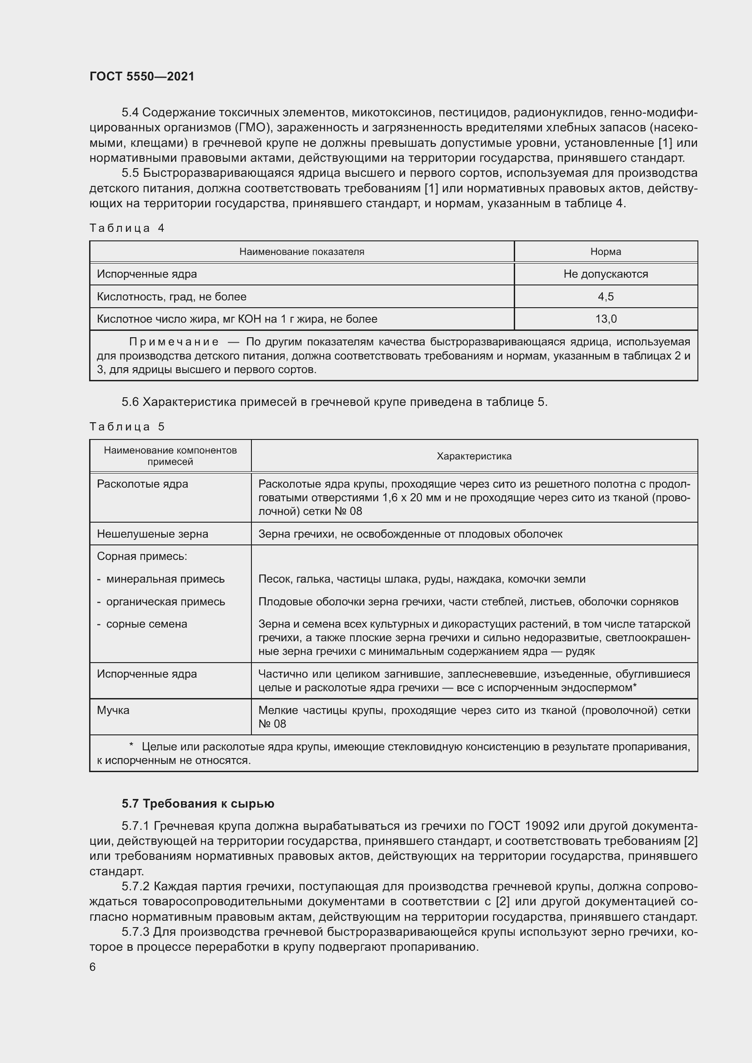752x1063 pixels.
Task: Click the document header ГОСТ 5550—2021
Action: point(142,76)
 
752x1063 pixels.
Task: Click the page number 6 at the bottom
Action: point(93,967)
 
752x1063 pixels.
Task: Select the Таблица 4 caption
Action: point(127,228)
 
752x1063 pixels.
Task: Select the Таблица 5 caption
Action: point(127,426)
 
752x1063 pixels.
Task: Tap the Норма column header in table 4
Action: point(605,251)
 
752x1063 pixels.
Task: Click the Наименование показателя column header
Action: point(301,251)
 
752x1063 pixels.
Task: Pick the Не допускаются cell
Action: point(605,274)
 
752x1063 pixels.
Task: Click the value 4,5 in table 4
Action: point(605,296)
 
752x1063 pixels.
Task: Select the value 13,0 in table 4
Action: point(605,319)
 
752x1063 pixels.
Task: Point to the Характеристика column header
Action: point(474,456)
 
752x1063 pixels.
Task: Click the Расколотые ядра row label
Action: point(143,484)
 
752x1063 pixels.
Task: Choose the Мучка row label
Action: point(113,710)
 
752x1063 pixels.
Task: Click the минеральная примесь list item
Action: point(165,579)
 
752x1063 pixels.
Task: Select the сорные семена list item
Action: point(146,624)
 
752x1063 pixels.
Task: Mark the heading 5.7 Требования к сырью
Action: point(198,803)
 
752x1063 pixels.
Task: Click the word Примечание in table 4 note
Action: point(174,342)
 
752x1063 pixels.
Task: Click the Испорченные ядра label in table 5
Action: point(147,674)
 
